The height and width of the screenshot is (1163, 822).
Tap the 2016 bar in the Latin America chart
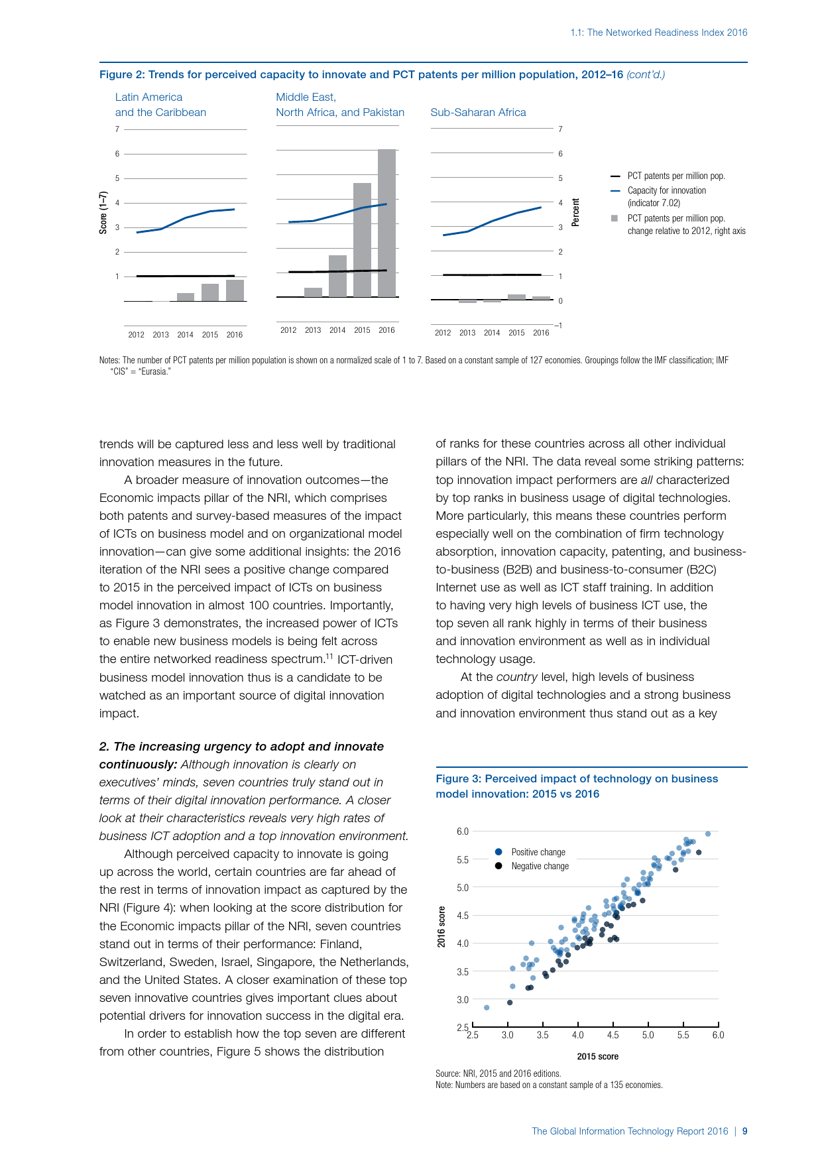point(235,290)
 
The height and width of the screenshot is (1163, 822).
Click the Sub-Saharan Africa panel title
point(478,113)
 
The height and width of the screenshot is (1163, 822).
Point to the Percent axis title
point(575,213)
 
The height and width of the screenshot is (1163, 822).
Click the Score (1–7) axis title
point(103,213)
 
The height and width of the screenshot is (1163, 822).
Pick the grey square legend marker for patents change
point(615,218)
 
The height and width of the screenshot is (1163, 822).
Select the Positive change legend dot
point(499,852)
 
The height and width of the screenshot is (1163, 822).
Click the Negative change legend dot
point(499,866)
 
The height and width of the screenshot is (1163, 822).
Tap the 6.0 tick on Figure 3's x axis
point(718,1035)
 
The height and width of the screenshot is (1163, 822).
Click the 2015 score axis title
point(597,1056)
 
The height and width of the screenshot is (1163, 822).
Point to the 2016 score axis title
point(441,927)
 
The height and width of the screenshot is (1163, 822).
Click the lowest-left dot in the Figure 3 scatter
point(487,1008)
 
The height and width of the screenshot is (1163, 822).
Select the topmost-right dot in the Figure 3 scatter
point(708,834)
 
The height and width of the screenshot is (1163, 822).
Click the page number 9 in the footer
point(744,1131)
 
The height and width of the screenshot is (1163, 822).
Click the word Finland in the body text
point(382,944)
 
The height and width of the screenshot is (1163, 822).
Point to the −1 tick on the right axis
point(559,326)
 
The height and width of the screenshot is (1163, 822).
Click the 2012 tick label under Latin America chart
point(136,335)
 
